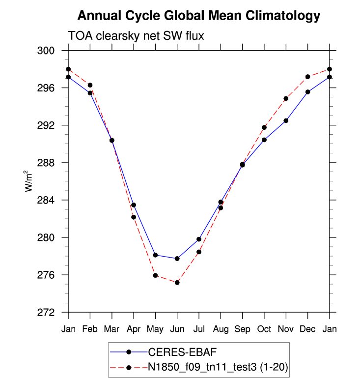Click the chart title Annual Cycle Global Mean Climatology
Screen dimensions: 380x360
(x=199, y=16)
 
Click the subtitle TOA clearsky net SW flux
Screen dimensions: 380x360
(x=135, y=36)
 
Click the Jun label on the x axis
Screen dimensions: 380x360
(x=177, y=328)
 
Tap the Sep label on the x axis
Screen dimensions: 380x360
(x=242, y=328)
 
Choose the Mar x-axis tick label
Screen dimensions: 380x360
(x=112, y=328)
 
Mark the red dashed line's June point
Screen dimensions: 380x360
(x=177, y=282)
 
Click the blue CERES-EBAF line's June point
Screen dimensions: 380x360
(x=177, y=259)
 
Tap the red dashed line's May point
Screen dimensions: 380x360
(x=155, y=275)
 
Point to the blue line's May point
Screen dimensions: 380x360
(x=155, y=255)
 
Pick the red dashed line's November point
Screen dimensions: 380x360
(x=286, y=98)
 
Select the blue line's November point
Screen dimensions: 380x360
(x=286, y=120)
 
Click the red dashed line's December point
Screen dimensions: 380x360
(x=307, y=77)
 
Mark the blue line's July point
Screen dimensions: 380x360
(x=199, y=239)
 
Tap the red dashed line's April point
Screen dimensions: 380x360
(x=134, y=217)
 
